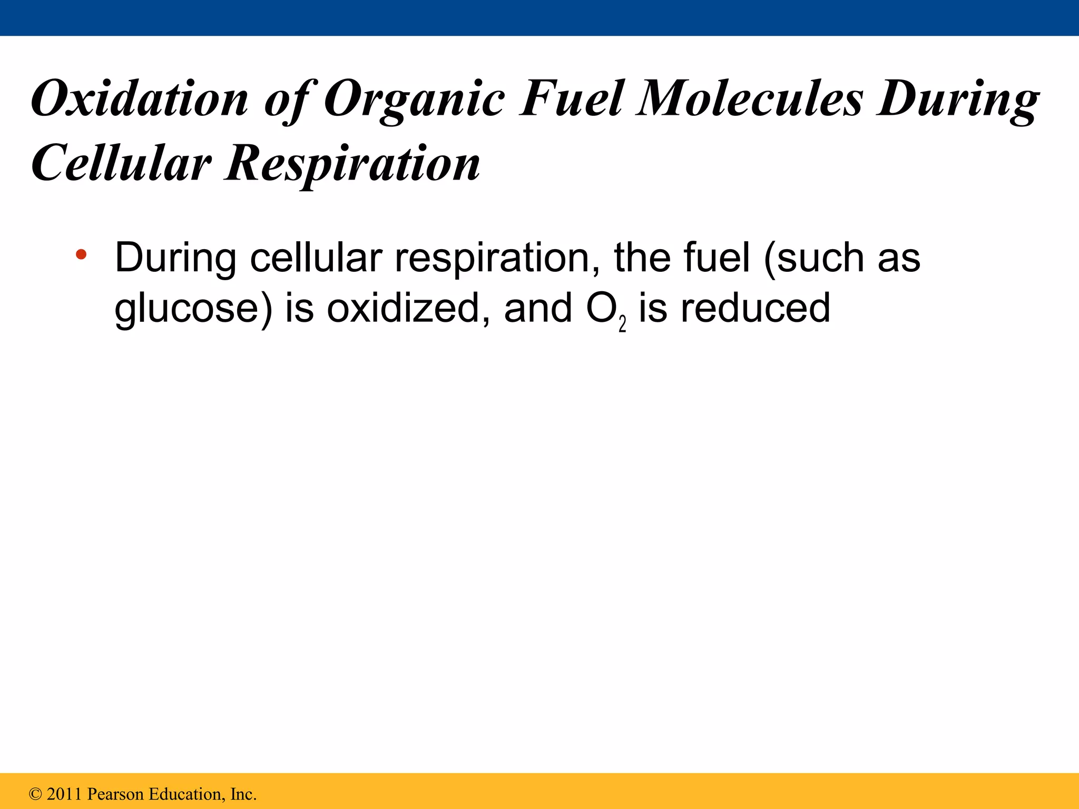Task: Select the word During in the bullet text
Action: coord(175,258)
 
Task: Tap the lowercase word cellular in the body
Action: coord(316,258)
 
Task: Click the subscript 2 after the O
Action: coord(622,324)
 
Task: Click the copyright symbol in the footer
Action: coord(35,794)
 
